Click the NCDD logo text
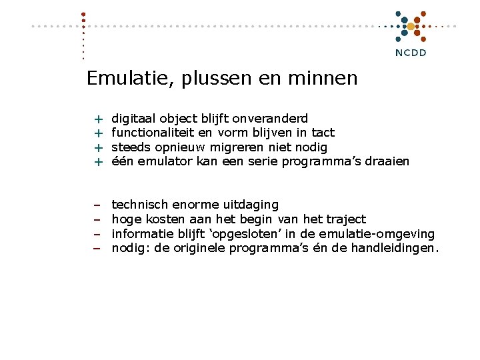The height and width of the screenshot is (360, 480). pos(411,53)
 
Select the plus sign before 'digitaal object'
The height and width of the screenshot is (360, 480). pos(98,119)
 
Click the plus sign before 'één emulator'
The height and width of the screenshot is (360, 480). pos(98,162)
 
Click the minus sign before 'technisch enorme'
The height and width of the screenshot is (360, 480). pos(97,205)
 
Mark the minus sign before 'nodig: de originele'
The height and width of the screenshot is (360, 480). pos(97,249)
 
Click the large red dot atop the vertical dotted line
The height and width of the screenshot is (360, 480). pos(83,14)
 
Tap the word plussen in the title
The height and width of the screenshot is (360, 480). pos(215,79)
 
